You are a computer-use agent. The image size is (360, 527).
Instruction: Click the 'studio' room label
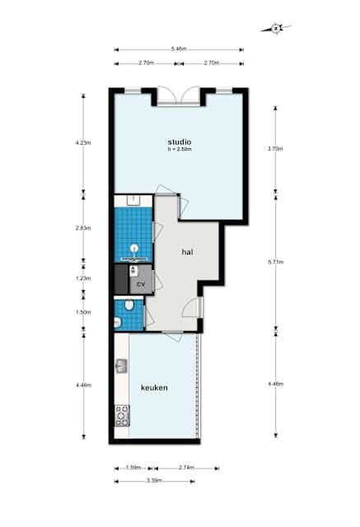[179, 141]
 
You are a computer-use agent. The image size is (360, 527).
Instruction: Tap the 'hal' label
[188, 253]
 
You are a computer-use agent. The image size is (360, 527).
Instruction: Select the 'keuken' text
[154, 387]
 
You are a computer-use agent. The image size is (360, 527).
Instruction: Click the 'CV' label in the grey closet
[141, 284]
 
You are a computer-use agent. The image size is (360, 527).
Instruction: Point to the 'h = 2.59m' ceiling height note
[179, 150]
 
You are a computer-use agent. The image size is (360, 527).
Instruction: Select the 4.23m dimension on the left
[82, 142]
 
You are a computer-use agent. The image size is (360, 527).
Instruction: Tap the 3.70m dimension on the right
[275, 149]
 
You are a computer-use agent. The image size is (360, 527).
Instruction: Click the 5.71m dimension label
[275, 262]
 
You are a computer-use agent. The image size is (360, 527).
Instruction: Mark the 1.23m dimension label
[82, 277]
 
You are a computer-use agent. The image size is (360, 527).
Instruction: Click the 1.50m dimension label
[82, 312]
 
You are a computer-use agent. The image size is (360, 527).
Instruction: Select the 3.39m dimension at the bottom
[155, 480]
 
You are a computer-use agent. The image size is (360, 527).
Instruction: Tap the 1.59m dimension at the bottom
[133, 468]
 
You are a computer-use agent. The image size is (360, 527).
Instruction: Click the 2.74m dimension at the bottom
[185, 468]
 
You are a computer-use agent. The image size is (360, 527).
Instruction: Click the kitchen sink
[122, 366]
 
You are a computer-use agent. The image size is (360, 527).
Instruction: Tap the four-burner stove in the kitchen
[122, 415]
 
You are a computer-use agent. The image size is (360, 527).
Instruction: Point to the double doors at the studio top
[179, 94]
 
